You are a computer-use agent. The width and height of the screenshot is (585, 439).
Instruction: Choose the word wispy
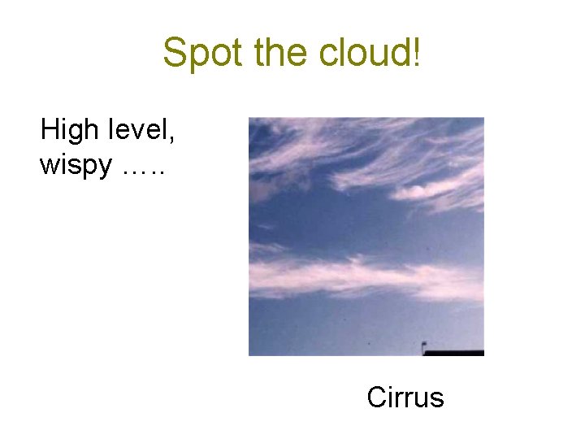(x=76, y=166)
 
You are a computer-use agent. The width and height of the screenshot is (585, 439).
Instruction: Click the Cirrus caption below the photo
(x=405, y=398)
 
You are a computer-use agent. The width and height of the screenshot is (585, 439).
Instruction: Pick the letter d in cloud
(x=401, y=54)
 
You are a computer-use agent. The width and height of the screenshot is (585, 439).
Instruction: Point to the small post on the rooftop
(x=423, y=348)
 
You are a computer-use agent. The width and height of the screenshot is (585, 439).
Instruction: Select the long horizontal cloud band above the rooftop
(x=357, y=275)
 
